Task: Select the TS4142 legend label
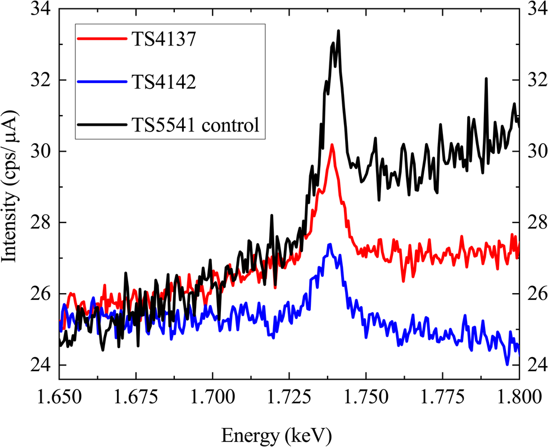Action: tap(163, 83)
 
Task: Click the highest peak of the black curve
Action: tap(338, 31)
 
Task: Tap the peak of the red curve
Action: tap(332, 145)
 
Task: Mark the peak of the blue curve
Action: tap(330, 244)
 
